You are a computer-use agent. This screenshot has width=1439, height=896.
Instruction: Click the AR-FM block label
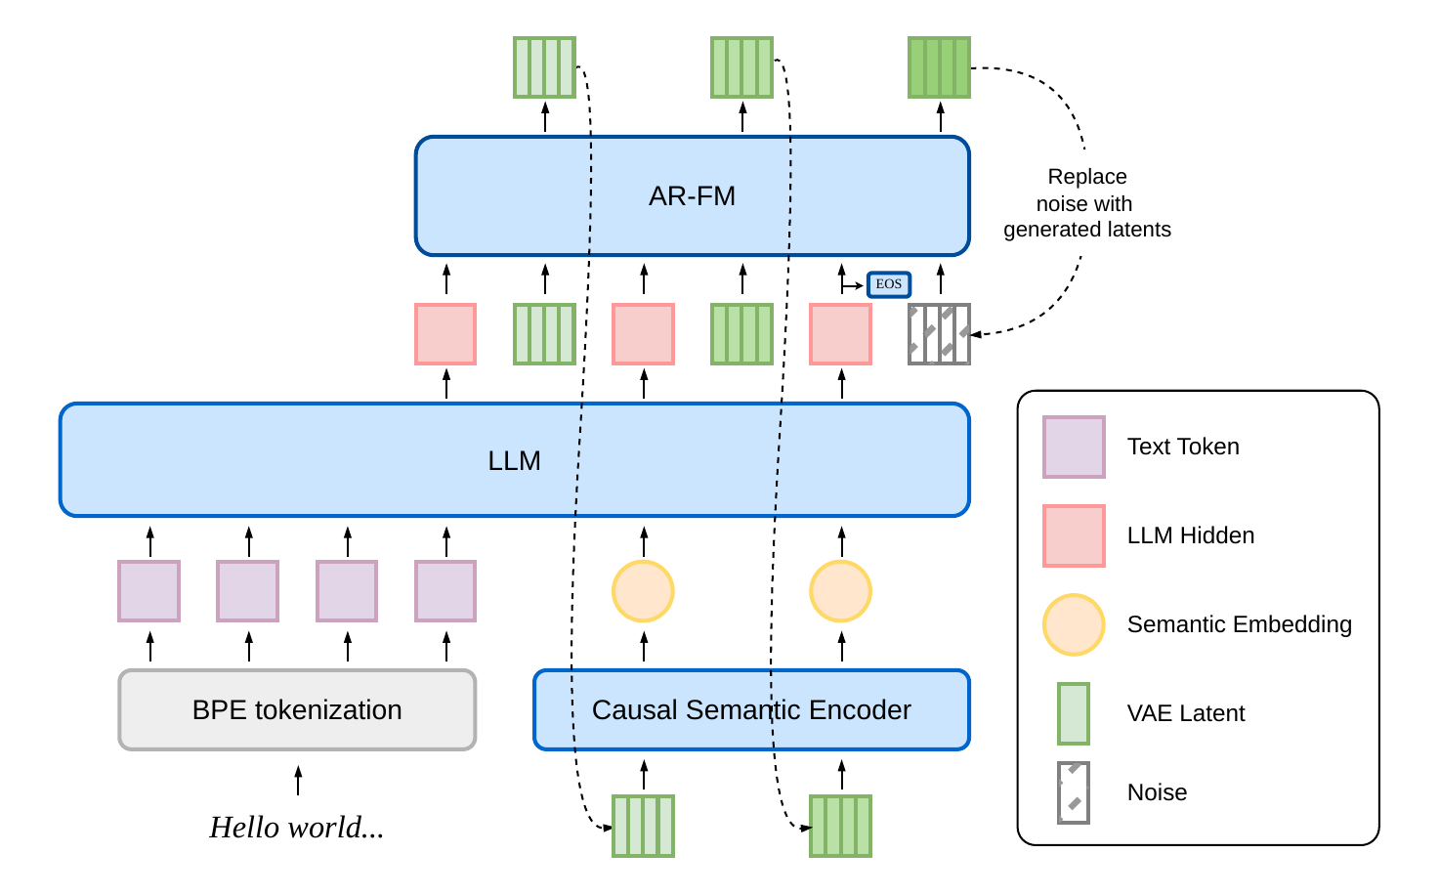pos(692,196)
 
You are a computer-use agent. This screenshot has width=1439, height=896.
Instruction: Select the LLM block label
pos(514,461)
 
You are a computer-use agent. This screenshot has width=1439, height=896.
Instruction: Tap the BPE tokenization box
pos(297,709)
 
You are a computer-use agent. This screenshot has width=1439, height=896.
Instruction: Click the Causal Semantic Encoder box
pos(751,709)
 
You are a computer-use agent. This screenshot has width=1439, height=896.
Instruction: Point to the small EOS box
pos(888,284)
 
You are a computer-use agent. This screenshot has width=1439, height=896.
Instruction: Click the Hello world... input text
pos(297,828)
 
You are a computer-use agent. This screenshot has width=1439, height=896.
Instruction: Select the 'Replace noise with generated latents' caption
pos(1087,203)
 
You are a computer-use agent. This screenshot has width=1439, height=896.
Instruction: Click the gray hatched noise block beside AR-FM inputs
pos(939,334)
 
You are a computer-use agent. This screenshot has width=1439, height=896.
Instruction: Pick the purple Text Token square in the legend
pos(1074,447)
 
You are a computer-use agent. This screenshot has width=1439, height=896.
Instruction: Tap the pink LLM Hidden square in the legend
pos(1074,535)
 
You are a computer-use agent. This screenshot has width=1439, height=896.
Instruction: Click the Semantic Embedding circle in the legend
pos(1074,624)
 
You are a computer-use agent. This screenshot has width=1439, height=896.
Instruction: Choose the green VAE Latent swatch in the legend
pos(1074,713)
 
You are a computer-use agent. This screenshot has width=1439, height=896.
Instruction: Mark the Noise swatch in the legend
pos(1074,792)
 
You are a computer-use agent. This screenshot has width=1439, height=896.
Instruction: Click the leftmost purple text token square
pos(149,591)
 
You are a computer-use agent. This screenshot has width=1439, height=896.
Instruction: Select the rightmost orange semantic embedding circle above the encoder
pos(840,591)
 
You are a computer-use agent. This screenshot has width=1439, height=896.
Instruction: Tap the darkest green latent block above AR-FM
pos(939,67)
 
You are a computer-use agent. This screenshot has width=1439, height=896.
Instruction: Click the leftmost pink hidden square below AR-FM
pos(445,334)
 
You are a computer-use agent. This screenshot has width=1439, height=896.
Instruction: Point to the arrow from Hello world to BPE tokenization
pos(298,781)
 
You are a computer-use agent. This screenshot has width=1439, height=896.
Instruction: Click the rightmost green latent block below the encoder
pos(840,826)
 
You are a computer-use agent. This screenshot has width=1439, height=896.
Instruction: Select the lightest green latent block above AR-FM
pos(544,67)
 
